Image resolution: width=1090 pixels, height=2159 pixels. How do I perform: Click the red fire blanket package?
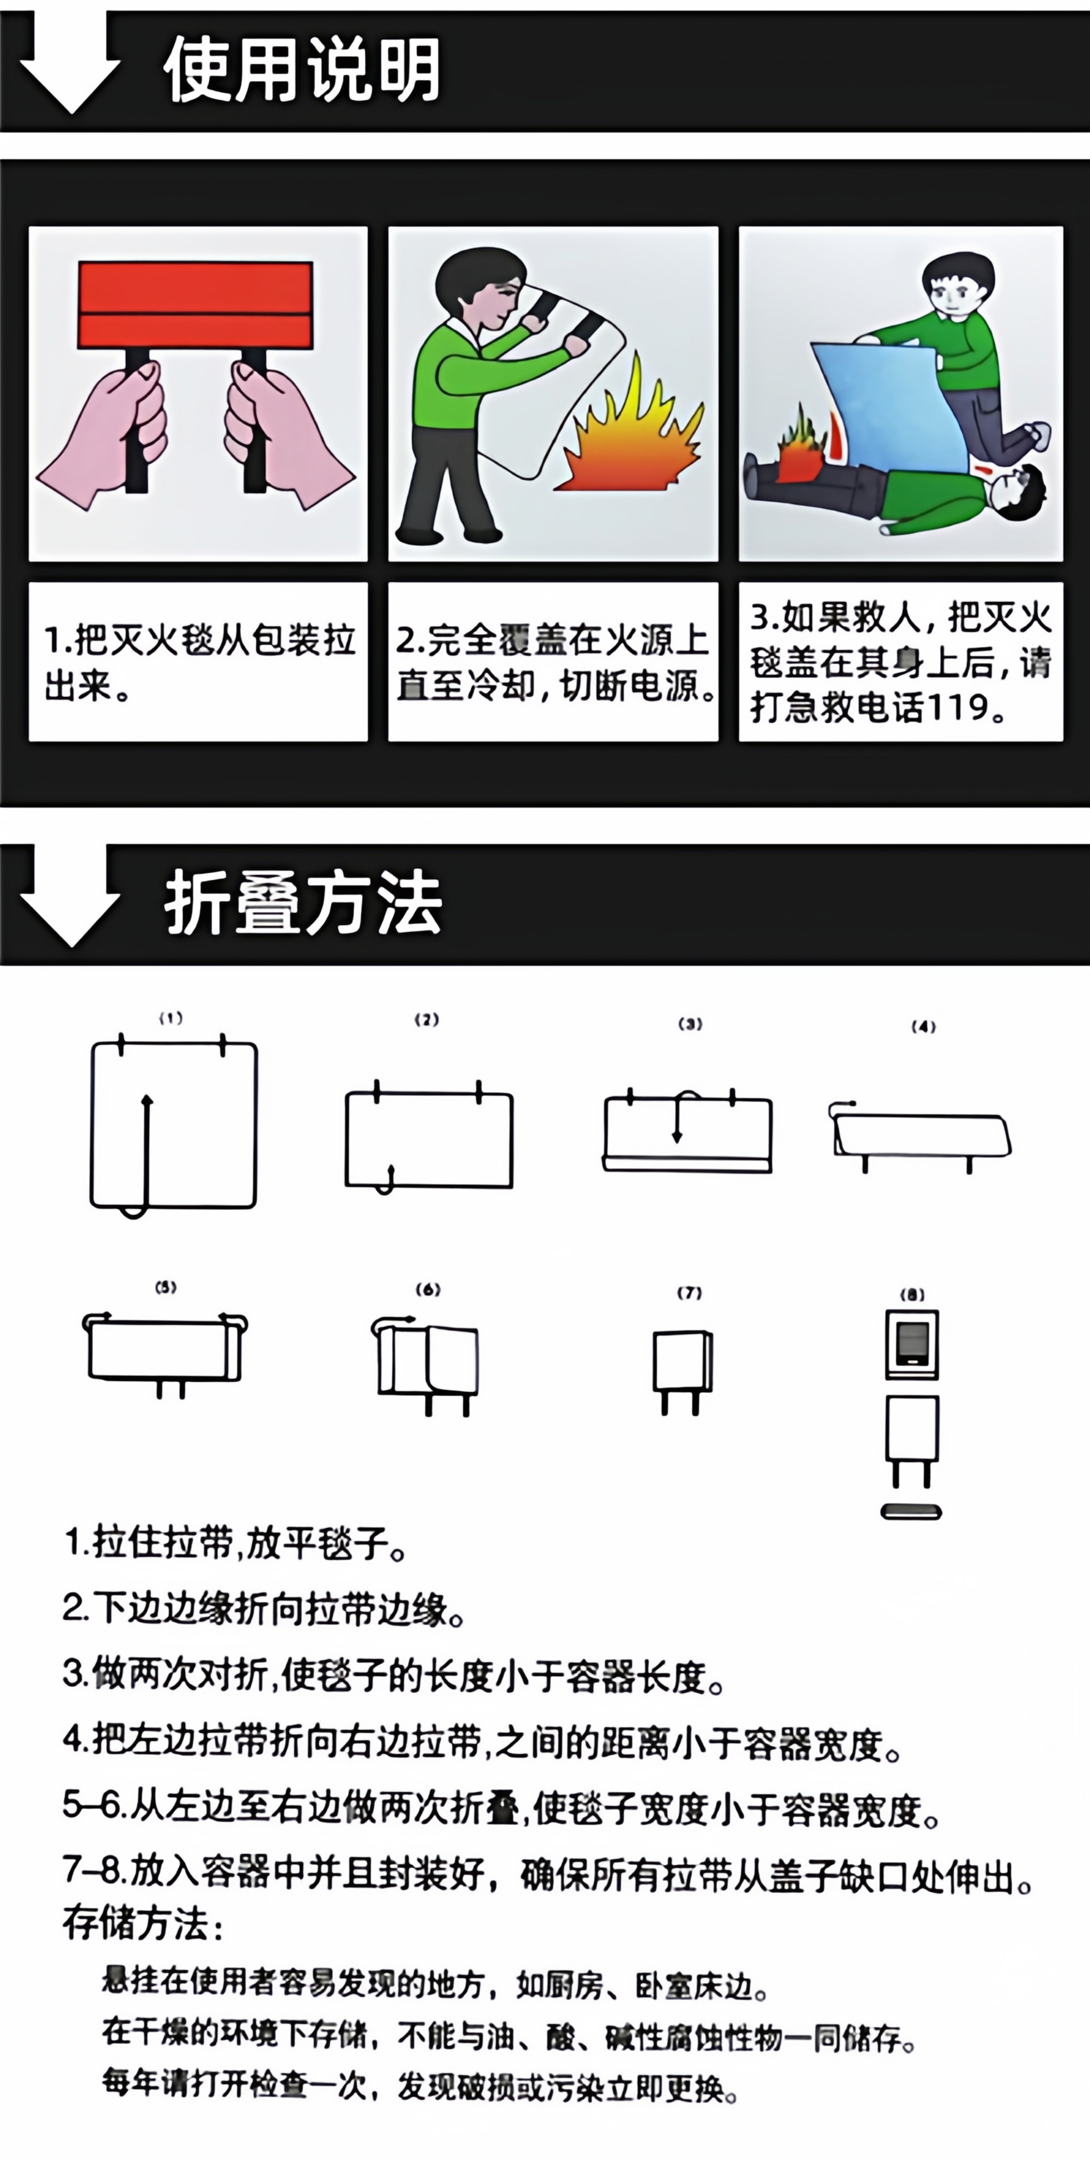click(x=195, y=303)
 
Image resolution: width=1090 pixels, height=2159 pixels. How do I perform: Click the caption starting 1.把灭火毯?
click(x=199, y=662)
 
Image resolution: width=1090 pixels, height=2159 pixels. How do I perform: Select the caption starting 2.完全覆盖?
click(x=553, y=662)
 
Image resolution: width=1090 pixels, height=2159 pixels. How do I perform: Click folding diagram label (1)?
click(x=171, y=1018)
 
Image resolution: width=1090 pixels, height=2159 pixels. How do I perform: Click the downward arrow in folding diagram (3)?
click(x=677, y=1123)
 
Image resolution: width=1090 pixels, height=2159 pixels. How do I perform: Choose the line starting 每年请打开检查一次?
click(x=419, y=2085)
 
